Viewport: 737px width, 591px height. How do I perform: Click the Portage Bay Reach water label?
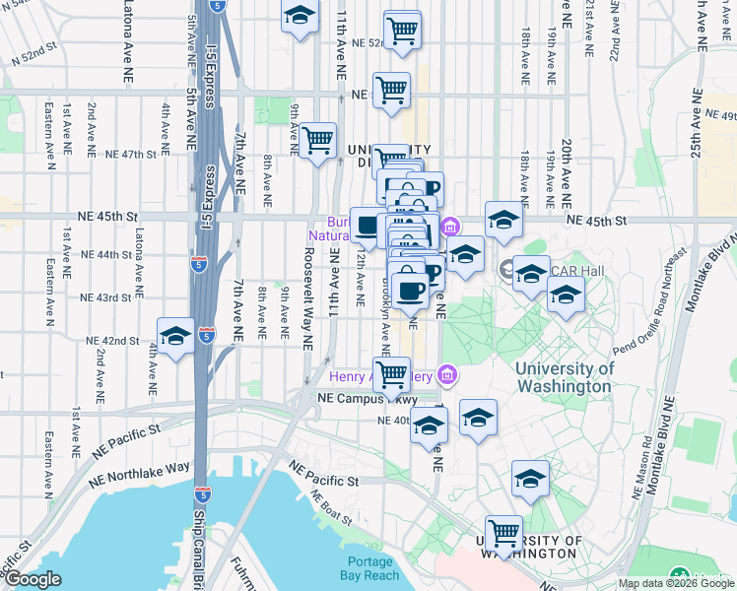tap(369, 567)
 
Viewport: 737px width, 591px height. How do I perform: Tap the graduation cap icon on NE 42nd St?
tap(175, 337)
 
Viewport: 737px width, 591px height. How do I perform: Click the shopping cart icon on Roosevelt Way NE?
tap(317, 142)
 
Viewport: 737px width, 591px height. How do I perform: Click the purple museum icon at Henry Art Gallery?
tap(447, 374)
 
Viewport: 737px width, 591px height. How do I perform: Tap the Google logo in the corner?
tap(33, 579)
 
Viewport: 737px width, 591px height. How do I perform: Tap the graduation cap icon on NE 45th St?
tap(502, 223)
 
